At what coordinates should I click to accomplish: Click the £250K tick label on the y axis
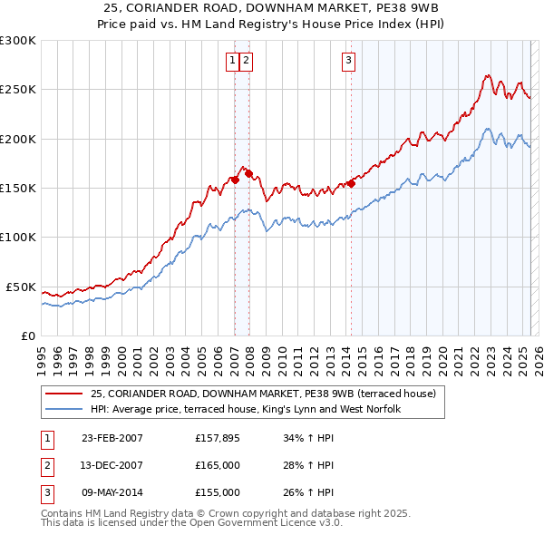click(x=18, y=90)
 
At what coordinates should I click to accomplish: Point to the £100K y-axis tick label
click(x=18, y=238)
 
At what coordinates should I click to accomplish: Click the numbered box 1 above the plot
click(x=233, y=61)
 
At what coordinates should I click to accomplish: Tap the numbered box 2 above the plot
click(x=246, y=61)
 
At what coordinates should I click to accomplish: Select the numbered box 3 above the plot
click(x=349, y=61)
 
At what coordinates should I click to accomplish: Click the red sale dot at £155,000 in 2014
click(x=351, y=183)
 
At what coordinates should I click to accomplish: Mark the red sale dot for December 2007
click(x=248, y=173)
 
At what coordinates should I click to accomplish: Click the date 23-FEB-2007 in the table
click(x=112, y=438)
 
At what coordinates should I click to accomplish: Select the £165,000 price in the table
click(x=218, y=465)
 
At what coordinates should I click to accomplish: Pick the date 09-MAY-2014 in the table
click(x=112, y=492)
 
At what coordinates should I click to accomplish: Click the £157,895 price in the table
click(x=218, y=438)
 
